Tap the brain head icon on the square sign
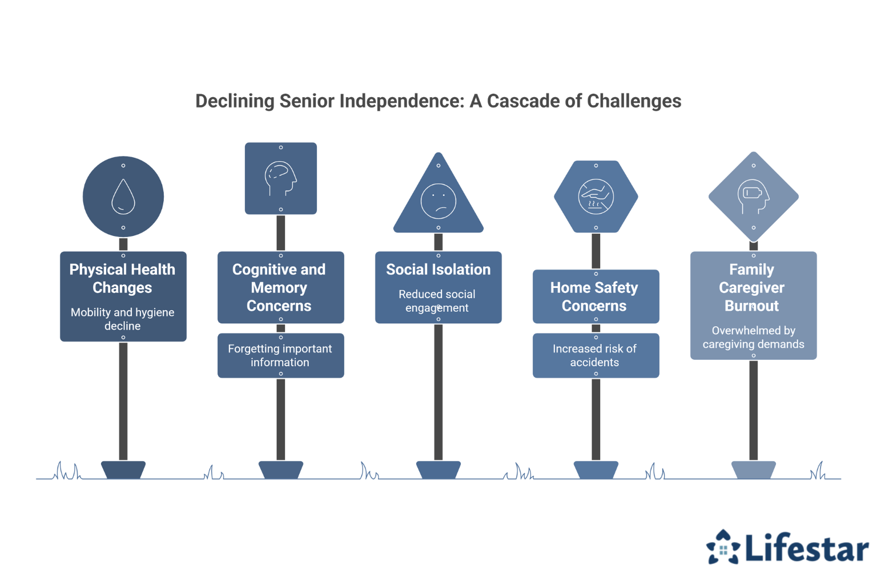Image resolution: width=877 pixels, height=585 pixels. (281, 179)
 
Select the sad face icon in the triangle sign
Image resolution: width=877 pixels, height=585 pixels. (438, 201)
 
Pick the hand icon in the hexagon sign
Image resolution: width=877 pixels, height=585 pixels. (596, 197)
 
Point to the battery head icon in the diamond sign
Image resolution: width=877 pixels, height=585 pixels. (754, 197)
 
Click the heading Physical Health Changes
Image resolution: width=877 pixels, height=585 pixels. (122, 278)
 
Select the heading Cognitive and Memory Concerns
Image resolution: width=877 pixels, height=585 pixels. (279, 287)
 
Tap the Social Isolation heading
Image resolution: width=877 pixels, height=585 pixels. (438, 270)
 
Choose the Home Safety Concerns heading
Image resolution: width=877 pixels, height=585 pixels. (594, 296)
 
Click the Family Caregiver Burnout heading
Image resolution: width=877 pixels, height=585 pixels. (752, 287)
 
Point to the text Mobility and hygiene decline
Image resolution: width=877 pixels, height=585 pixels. (122, 319)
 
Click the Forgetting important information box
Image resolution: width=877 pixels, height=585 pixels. (280, 355)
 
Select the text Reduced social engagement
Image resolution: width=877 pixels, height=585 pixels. (437, 301)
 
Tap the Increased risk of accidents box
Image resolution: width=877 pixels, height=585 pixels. (595, 355)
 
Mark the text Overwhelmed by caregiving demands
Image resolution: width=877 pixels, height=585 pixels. (754, 337)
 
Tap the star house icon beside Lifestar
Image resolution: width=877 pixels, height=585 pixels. (723, 548)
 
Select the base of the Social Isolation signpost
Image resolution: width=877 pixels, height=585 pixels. (438, 470)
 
